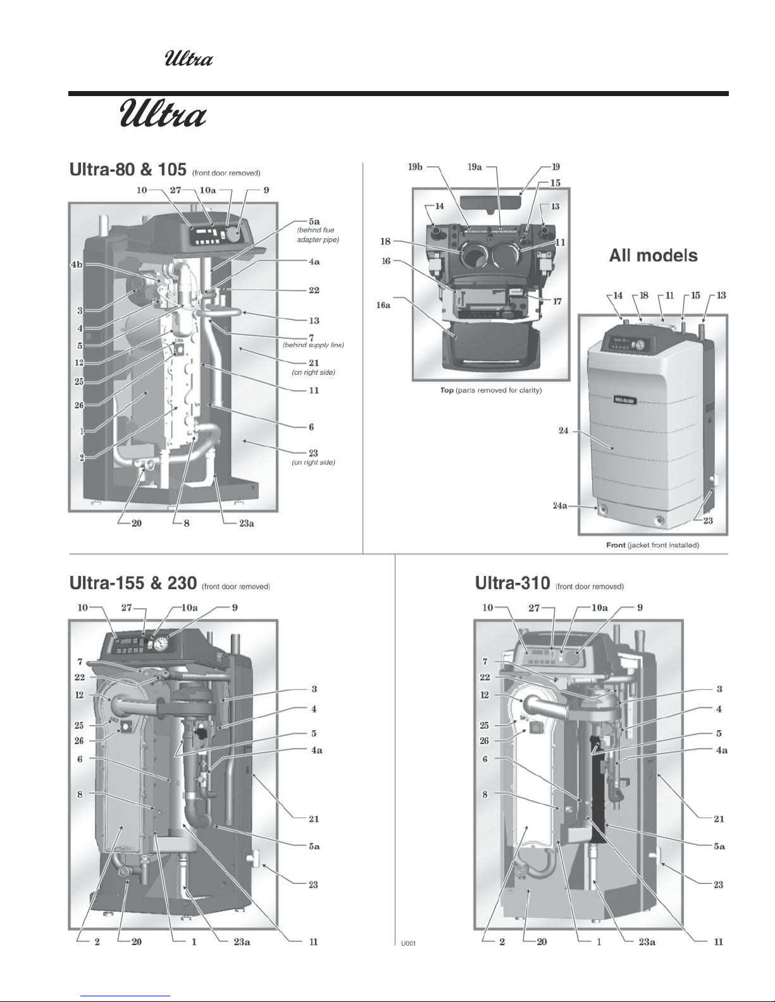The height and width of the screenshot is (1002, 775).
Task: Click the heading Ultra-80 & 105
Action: pos(128,170)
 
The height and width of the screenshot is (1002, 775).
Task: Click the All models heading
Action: pos(653,255)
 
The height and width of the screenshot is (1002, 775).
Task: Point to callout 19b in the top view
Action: pos(415,168)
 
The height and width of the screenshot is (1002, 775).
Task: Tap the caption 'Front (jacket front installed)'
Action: pos(652,545)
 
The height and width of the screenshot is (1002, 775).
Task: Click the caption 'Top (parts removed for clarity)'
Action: pos(491,390)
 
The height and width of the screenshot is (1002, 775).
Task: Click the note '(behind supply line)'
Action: pos(313,345)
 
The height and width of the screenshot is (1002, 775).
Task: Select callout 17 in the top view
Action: pos(557,302)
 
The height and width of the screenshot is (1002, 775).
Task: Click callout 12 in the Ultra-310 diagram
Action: pos(485,695)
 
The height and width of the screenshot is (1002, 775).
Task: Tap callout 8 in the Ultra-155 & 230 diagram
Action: pos(80,794)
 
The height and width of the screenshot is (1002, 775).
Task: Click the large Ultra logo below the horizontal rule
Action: pos(163,116)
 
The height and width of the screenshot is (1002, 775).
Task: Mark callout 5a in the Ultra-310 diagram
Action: pos(718,846)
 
